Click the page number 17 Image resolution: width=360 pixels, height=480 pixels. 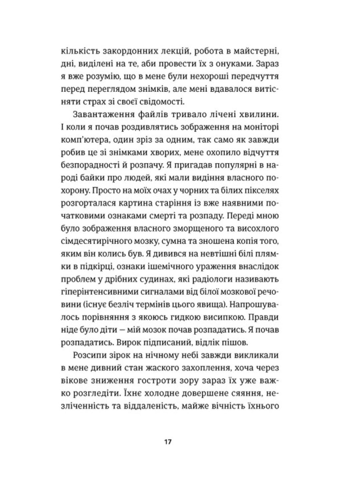click(x=167, y=442)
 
